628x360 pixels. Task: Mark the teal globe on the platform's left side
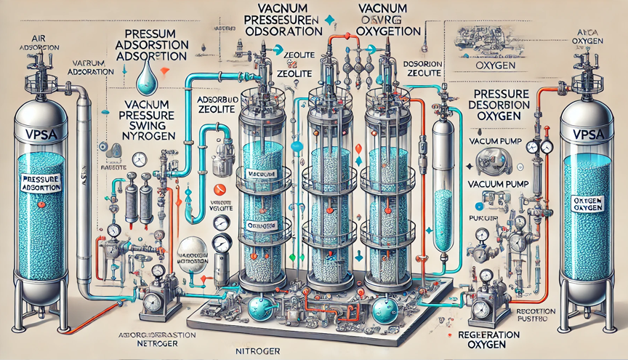click(258, 308)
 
